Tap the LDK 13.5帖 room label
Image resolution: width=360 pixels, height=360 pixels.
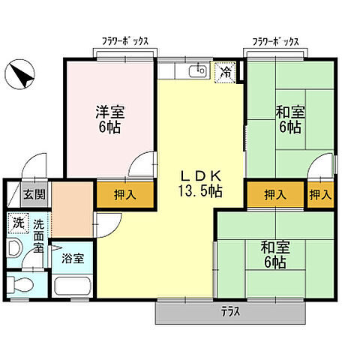click(x=199, y=183)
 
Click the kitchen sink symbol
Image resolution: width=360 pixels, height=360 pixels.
click(x=198, y=71)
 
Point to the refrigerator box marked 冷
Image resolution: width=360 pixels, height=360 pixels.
click(x=225, y=72)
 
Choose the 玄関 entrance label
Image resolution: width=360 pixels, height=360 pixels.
click(x=33, y=194)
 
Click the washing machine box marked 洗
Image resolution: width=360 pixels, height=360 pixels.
click(x=16, y=223)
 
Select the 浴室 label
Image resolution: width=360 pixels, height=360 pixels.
click(x=73, y=256)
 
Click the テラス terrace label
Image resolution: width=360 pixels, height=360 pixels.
click(x=230, y=312)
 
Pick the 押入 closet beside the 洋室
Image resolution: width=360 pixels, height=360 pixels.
click(x=124, y=194)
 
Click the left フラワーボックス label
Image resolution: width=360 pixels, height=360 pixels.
click(x=125, y=42)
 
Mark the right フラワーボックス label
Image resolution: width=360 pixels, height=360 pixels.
click(x=275, y=42)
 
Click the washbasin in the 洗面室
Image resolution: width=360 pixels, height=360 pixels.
click(x=15, y=249)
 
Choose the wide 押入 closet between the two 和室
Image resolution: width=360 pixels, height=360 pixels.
click(x=275, y=194)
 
